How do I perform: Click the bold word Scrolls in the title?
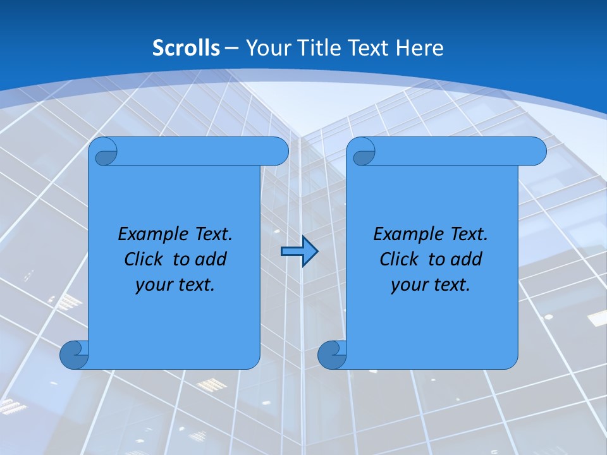click(x=186, y=48)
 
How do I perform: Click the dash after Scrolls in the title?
click(x=231, y=48)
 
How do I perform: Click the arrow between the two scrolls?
click(x=299, y=252)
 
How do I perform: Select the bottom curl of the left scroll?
click(x=74, y=355)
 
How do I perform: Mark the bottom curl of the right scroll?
click(x=332, y=355)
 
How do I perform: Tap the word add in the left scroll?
click(x=211, y=259)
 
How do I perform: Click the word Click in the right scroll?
click(x=398, y=259)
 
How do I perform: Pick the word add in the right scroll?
click(x=467, y=259)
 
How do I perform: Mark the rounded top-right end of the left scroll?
click(x=278, y=152)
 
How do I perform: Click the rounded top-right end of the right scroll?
click(x=536, y=152)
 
